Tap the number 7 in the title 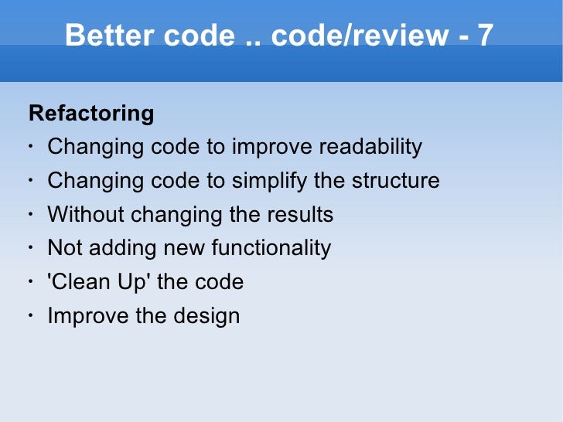pos(484,36)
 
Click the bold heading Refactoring pos(91,114)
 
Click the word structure pos(396,181)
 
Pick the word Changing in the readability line pos(92,147)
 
